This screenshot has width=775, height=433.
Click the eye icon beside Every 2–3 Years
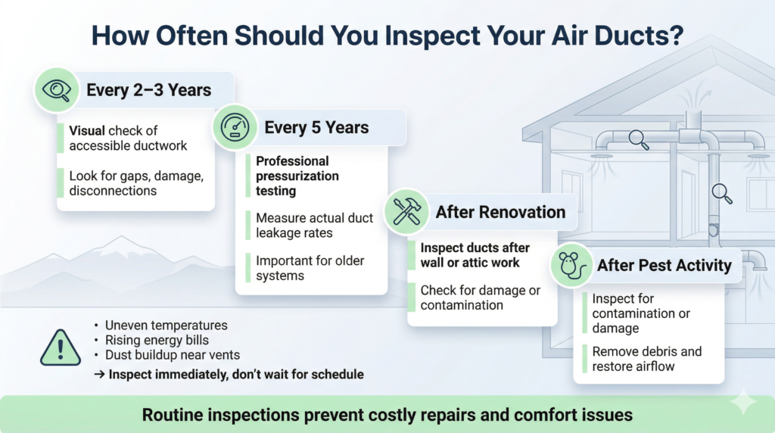coord(56,90)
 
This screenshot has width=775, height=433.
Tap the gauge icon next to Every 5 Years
coord(235,127)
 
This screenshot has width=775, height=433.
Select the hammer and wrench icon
coord(406,211)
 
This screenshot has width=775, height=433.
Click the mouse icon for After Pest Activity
coord(572,265)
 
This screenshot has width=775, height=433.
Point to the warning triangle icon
coord(61,347)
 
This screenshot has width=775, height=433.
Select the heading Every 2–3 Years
coord(149,90)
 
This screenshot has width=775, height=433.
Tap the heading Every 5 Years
coord(316,127)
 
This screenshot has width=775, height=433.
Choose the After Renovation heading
coord(500,212)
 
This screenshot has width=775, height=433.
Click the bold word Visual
coord(87,130)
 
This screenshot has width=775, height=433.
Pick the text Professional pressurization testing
coord(297,176)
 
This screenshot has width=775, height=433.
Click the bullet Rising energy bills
coord(157,340)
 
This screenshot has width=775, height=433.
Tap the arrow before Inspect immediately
coord(99,374)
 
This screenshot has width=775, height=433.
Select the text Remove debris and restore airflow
coord(647,359)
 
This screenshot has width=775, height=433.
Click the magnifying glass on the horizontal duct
coord(639,139)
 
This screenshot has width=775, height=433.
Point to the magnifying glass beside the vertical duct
coord(721,193)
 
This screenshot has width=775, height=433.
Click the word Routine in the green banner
coord(171,415)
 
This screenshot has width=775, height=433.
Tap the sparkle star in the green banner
coord(743,402)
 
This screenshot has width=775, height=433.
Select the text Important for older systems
coord(310,268)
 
